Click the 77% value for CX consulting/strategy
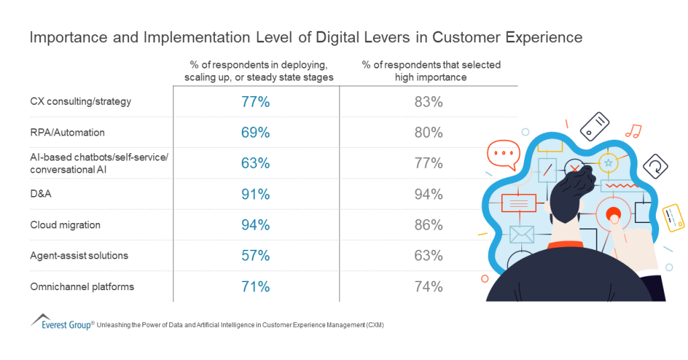(x=255, y=102)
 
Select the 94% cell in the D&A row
(x=429, y=195)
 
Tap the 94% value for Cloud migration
(x=255, y=225)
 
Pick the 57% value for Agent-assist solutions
(x=255, y=256)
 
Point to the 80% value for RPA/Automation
(x=429, y=133)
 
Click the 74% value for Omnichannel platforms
(x=429, y=287)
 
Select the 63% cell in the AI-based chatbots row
(x=255, y=163)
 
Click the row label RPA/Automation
(x=67, y=133)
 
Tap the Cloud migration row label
(x=65, y=225)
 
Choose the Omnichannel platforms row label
(x=82, y=287)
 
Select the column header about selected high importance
(x=431, y=71)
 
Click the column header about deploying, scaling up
(x=259, y=71)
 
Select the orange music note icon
(x=632, y=130)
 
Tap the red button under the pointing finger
(x=613, y=214)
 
